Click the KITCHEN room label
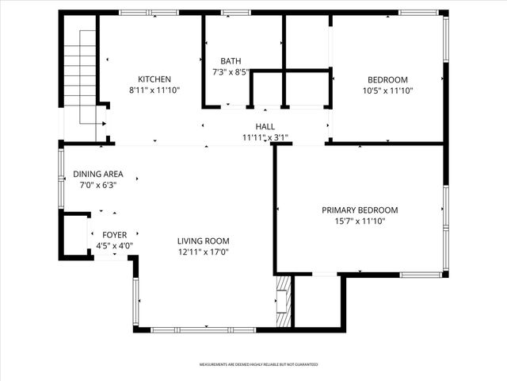point(154,79)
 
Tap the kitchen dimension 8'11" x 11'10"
point(154,90)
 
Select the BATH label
point(231,61)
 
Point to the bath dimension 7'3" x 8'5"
point(231,72)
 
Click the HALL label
point(265,127)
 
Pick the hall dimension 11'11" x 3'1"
point(265,137)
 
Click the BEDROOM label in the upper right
point(387,79)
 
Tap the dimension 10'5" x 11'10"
point(387,90)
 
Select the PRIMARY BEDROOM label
point(360,210)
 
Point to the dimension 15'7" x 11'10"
point(360,221)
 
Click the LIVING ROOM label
point(203,241)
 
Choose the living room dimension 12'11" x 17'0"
point(203,252)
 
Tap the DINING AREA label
point(98,175)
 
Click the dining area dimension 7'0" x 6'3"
point(98,185)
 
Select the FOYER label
point(114,235)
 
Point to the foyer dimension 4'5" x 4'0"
point(114,246)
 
